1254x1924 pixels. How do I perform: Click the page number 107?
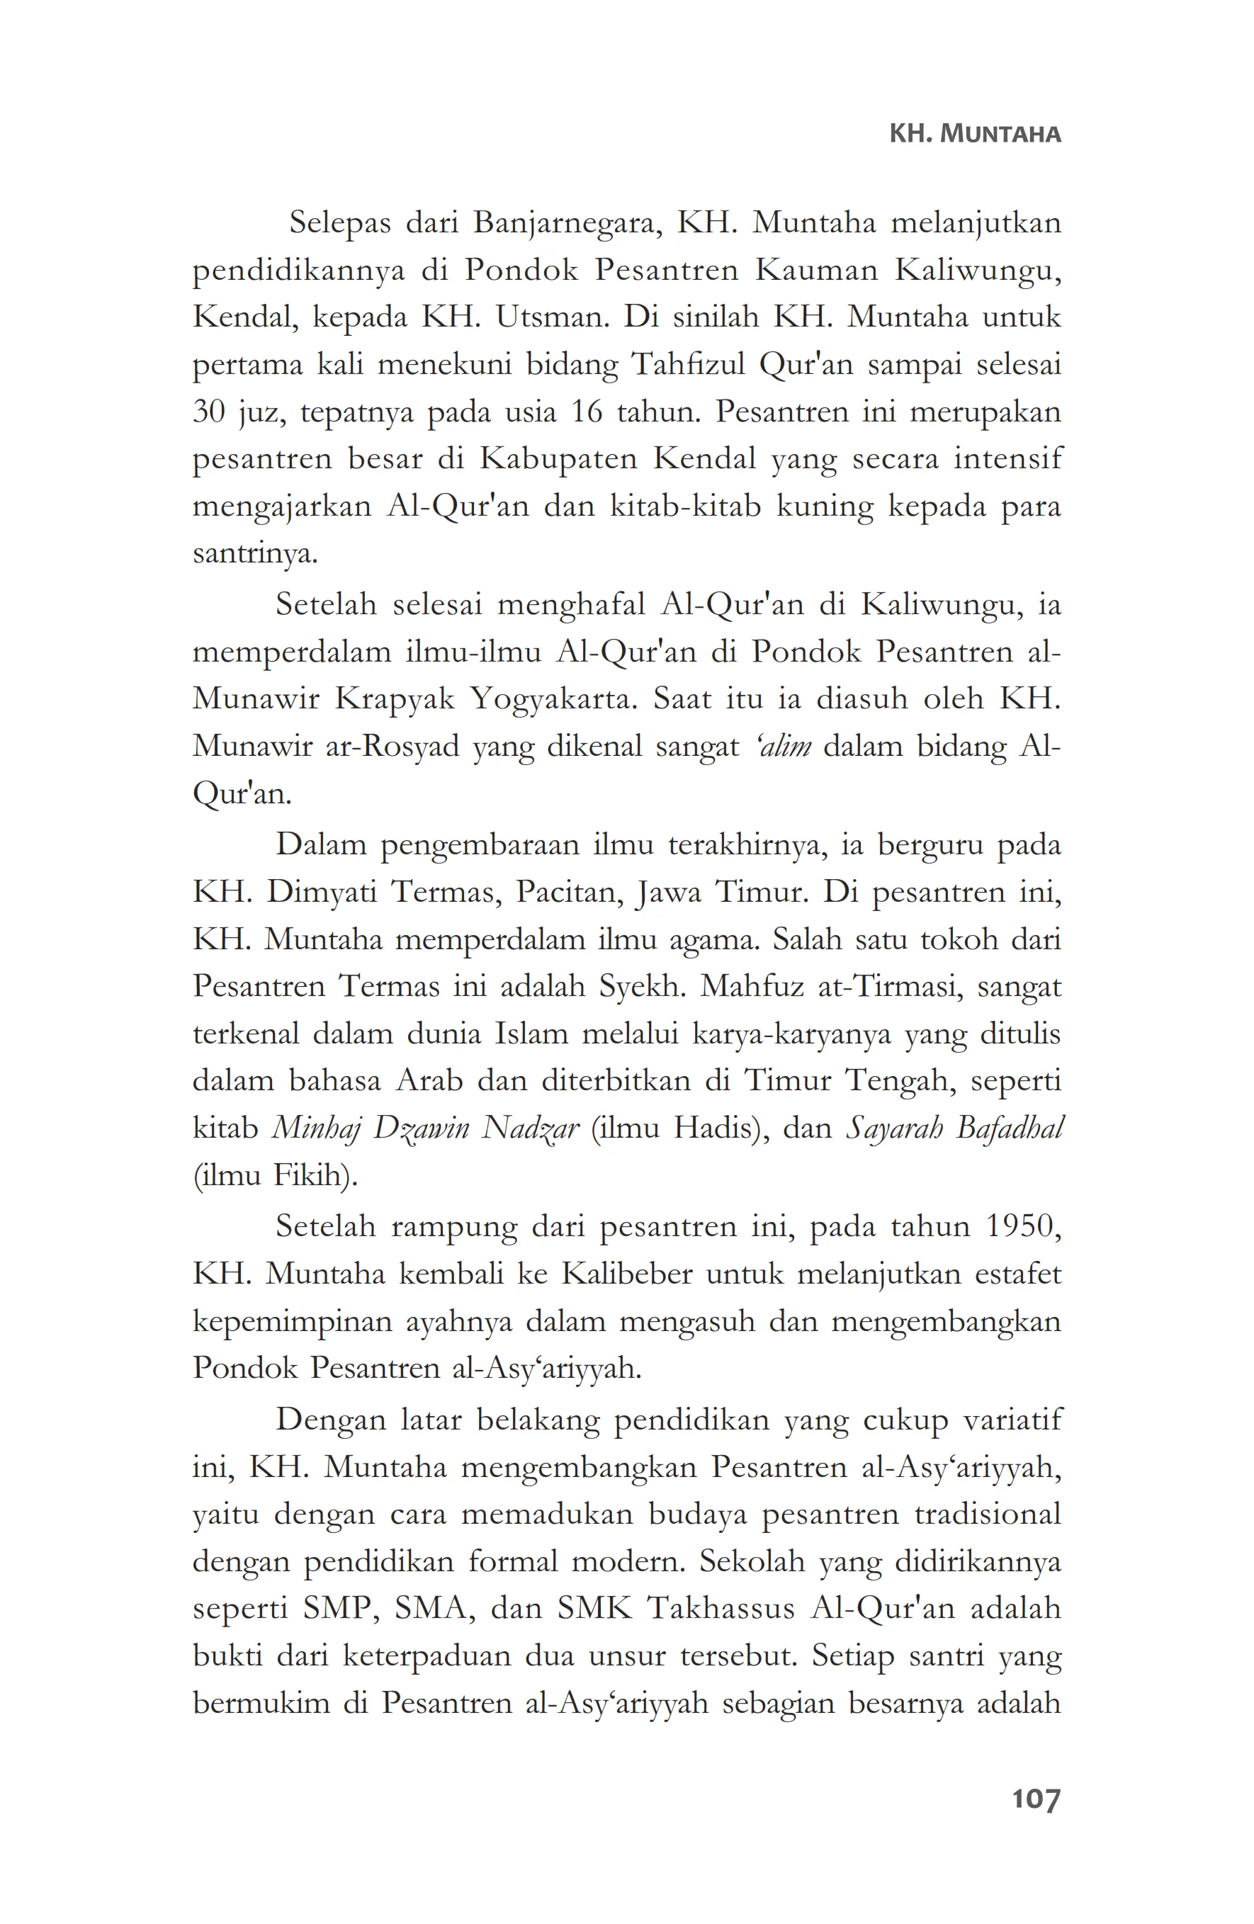tap(1035, 1799)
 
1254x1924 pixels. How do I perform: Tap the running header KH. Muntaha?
tap(974, 134)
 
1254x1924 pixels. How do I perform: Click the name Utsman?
tap(552, 317)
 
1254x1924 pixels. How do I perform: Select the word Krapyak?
tap(395, 698)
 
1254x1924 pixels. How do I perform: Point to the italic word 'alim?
tap(775, 746)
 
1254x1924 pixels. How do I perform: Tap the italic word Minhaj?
tap(315, 1128)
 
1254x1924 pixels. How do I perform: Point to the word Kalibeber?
tap(626, 1274)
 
